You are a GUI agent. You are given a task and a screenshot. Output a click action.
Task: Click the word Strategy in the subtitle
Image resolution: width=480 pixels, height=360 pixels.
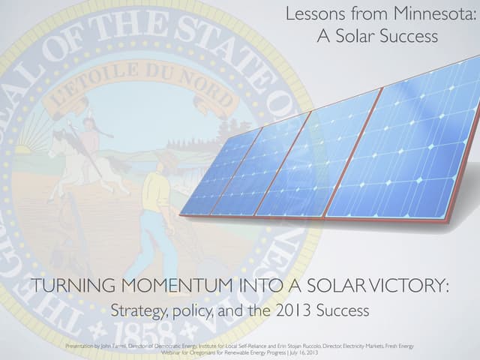(x=137, y=310)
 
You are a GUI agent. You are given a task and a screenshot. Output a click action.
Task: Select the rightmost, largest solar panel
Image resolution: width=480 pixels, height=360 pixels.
(x=405, y=150)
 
